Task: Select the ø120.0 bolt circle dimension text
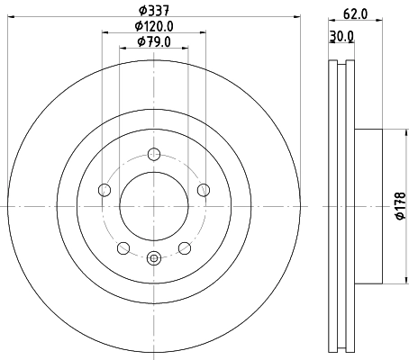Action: pos(153,27)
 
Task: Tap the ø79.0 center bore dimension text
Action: pos(154,41)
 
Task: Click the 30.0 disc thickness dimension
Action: pos(341,36)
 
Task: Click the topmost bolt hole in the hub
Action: pos(153,153)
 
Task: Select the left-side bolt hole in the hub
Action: pos(104,189)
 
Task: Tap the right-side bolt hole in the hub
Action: pos(204,189)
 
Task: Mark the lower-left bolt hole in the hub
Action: pos(123,247)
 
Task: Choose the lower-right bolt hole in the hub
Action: pos(185,247)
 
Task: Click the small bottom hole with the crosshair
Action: pos(153,259)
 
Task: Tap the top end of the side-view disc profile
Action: pos(339,63)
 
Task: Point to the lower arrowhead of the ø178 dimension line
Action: pos(390,280)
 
